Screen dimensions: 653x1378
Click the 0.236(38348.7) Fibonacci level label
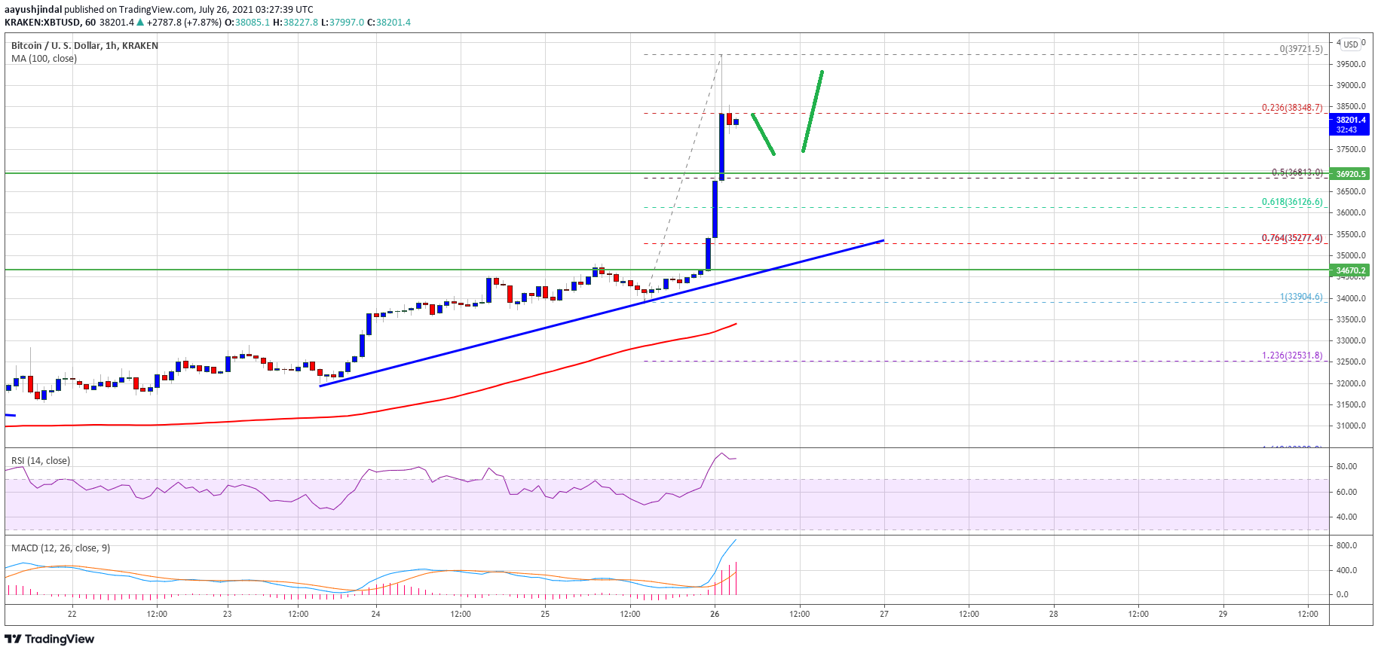coord(1291,108)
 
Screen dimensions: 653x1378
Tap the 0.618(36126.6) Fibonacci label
coord(1291,202)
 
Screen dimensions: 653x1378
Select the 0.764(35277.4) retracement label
coord(1291,238)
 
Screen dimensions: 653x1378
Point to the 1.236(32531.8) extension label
coord(1291,355)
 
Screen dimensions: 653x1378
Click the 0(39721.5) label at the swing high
coord(1300,49)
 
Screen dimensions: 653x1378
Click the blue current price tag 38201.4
coord(1350,124)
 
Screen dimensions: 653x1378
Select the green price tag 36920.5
coord(1351,174)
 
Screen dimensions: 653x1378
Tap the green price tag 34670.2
coord(1351,270)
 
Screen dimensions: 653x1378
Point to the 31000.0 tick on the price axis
coord(1351,426)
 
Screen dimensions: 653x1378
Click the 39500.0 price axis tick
coord(1351,65)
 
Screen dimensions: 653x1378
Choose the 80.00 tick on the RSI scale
coord(1346,467)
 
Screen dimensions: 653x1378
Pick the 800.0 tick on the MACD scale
coord(1346,545)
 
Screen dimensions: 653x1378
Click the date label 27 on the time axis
coord(883,614)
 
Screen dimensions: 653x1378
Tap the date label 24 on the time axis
coord(375,614)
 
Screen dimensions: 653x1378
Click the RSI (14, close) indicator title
coord(41,461)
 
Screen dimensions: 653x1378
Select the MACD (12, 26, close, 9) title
coord(60,548)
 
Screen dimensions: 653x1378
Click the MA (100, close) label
coord(44,59)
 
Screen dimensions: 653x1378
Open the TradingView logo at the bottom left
coord(50,639)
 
